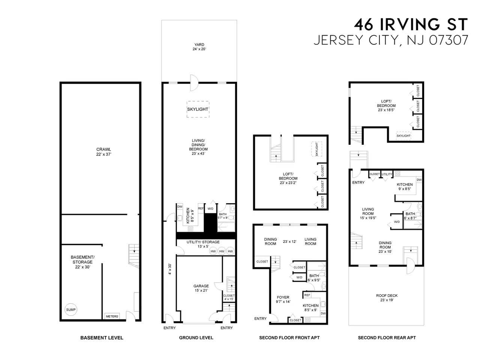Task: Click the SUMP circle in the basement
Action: [70, 309]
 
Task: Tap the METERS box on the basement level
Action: [112, 316]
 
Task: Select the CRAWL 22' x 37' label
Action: [103, 152]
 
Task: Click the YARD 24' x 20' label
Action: [199, 47]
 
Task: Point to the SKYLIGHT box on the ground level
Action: [198, 109]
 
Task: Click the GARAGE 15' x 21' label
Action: [201, 288]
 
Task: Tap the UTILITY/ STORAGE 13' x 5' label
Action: [203, 244]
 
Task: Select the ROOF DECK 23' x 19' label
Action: [387, 298]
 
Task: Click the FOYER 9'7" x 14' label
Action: [283, 300]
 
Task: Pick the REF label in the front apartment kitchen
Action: [307, 295]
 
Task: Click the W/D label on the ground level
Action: [210, 209]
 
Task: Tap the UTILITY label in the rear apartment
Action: [387, 174]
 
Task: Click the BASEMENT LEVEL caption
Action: [102, 338]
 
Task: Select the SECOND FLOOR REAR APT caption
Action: [387, 338]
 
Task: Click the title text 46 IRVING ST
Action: [411, 24]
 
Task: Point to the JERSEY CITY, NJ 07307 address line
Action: [391, 40]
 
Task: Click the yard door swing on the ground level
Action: [195, 83]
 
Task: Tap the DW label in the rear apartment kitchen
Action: [419, 180]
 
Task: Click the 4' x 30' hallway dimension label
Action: [170, 269]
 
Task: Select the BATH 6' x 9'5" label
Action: [314, 278]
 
